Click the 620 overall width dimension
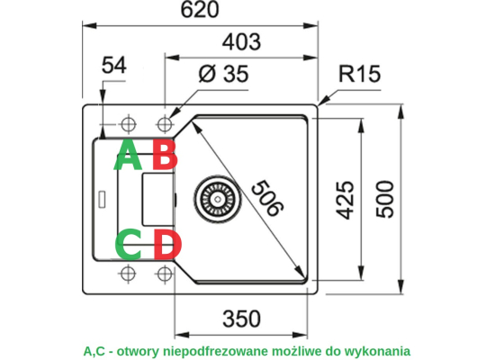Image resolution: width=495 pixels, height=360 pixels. [x=200, y=10]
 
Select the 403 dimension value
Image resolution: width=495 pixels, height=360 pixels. [x=241, y=42]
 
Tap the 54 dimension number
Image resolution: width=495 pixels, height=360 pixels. [x=114, y=66]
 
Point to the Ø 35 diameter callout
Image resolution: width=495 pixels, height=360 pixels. [x=223, y=74]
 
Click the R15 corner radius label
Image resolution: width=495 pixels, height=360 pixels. [x=359, y=74]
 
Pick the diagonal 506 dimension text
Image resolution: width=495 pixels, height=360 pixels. [x=267, y=198]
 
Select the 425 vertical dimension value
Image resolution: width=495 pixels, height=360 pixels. [x=345, y=200]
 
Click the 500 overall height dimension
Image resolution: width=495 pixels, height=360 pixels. [x=385, y=199]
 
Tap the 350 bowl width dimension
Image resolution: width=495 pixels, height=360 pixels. [x=241, y=319]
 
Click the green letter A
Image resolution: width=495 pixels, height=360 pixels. [x=128, y=155]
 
